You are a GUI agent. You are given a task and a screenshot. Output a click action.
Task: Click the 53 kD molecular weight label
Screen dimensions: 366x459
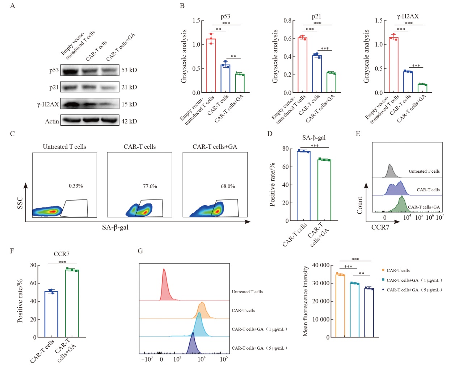129,70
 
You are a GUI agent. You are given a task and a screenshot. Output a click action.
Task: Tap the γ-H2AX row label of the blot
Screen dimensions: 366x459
48,104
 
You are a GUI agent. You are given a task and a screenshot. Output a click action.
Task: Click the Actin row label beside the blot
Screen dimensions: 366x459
52,121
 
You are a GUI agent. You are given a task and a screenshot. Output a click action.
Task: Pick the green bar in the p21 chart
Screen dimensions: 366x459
331,83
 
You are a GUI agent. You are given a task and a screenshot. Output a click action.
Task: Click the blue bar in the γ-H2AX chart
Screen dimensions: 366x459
408,82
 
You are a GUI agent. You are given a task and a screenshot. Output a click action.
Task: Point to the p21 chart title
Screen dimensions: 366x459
316,16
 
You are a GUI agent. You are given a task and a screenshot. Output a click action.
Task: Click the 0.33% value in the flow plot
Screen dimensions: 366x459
76,186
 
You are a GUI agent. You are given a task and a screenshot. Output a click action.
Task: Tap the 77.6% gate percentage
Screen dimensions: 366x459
150,186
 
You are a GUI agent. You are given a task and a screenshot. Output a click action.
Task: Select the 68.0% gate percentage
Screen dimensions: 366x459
228,186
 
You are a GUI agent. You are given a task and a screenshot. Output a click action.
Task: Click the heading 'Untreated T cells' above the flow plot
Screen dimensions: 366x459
64,147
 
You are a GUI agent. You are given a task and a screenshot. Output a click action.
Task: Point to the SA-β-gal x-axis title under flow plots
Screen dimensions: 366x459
115,227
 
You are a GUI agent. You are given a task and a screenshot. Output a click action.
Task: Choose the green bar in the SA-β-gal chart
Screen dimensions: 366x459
324,190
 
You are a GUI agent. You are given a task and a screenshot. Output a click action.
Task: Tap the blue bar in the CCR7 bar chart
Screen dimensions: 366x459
51,314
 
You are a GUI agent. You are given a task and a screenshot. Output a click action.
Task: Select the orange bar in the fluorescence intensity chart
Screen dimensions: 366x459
340,306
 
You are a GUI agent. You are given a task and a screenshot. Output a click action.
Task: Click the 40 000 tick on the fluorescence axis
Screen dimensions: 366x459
321,265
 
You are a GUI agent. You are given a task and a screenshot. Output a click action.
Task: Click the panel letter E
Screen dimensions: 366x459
358,134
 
